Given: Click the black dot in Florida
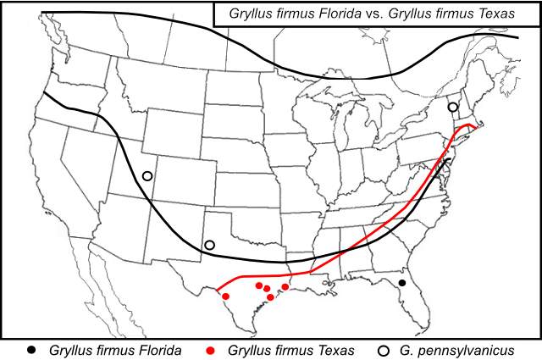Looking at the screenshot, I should tap(402, 282).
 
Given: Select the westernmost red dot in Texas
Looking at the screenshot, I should tap(226, 296).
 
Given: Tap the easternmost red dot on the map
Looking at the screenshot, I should tap(285, 287).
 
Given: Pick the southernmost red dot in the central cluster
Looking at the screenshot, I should tap(270, 296).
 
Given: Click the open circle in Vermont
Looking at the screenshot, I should tap(453, 107).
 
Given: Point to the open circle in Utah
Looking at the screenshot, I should tap(147, 176).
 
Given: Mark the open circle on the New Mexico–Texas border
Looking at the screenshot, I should tap(209, 246).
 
